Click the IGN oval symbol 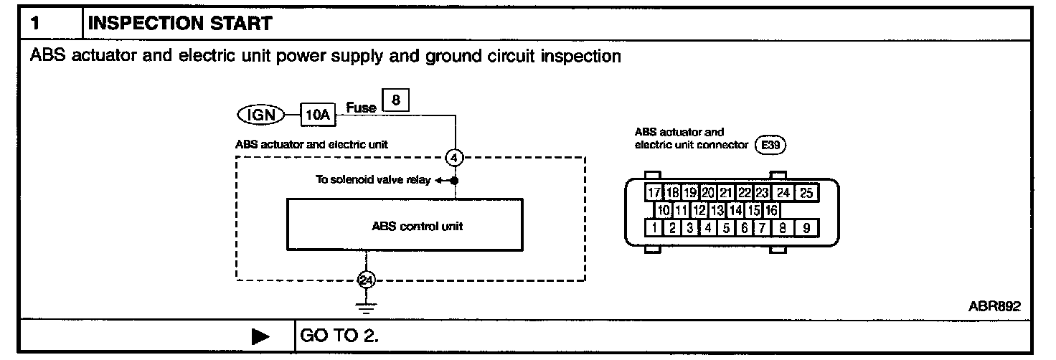(259, 114)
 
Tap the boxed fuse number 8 (396, 102)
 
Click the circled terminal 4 (455, 157)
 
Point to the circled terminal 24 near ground (367, 280)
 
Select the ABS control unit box (405, 226)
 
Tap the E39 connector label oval (771, 145)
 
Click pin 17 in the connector (653, 193)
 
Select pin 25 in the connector (807, 193)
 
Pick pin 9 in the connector (807, 229)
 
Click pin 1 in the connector (654, 229)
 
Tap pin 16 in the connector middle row (771, 211)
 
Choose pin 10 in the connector (664, 211)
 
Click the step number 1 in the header (35, 24)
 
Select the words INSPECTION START (179, 24)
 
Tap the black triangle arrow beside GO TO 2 (261, 336)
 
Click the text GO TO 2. (339, 336)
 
